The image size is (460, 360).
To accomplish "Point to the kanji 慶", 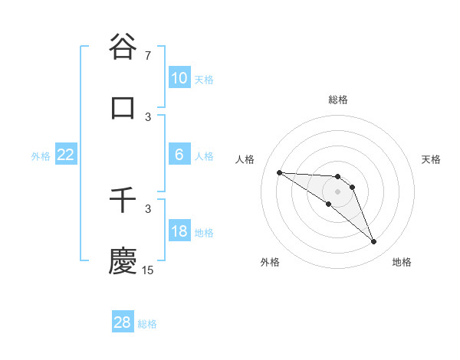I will click(123, 260).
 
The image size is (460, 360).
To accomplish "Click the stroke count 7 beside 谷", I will click(148, 55).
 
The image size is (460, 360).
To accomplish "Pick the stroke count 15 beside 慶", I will click(148, 270).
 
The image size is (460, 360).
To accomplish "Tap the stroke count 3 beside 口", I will click(148, 116).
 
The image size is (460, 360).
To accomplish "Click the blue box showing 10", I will click(179, 78).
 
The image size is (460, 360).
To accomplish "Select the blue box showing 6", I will click(179, 155).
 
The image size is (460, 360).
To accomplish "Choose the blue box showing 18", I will click(179, 232).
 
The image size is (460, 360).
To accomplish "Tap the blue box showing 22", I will click(65, 155).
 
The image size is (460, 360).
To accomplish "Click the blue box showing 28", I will click(122, 322).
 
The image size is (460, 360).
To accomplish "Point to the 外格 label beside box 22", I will click(41, 156).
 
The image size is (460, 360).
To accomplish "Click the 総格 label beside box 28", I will click(147, 324).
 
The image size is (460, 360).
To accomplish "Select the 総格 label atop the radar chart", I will click(338, 100).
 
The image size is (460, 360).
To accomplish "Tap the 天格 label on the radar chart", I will click(432, 159).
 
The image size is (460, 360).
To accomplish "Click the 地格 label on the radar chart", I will click(402, 262).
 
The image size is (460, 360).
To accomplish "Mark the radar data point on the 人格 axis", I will click(279, 172).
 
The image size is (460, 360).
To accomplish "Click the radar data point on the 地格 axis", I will click(373, 242).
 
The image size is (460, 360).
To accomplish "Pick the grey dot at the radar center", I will click(337, 191).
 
